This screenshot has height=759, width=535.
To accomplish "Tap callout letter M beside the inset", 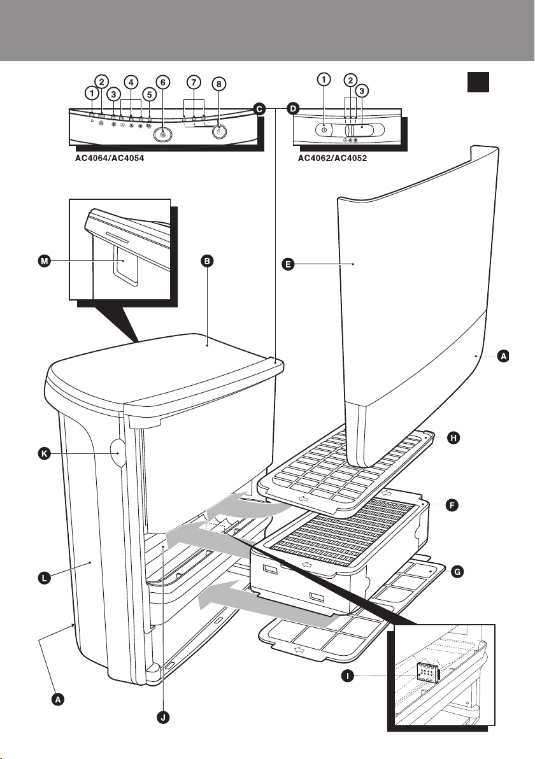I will click(x=42, y=260).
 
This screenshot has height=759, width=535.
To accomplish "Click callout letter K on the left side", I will click(x=42, y=455).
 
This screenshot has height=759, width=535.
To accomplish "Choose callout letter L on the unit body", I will click(x=42, y=579).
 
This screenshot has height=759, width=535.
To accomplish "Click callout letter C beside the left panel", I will click(x=260, y=109).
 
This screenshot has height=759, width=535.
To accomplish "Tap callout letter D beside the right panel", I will click(x=292, y=109).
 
